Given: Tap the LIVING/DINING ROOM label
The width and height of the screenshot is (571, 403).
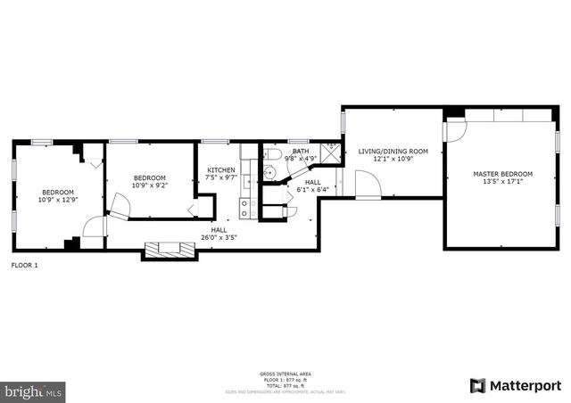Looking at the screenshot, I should click(393, 152).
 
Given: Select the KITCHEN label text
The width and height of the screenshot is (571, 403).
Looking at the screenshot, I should click(221, 170).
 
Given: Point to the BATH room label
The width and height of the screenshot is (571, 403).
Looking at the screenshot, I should click(301, 152).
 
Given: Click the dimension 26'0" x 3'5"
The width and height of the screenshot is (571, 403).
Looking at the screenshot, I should click(219, 237).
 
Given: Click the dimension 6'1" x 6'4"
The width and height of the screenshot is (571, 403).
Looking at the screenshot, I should click(312, 189).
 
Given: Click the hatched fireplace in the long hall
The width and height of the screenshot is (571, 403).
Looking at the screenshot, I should click(169, 250).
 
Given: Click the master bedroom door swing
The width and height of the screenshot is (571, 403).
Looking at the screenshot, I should click(455, 129).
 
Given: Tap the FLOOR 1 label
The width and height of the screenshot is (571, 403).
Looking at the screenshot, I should click(24, 265).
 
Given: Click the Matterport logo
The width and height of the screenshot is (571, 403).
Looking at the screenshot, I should click(517, 385).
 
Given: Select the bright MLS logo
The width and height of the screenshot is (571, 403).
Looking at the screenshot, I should click(34, 391).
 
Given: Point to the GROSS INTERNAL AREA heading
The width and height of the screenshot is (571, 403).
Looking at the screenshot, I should click(285, 374).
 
